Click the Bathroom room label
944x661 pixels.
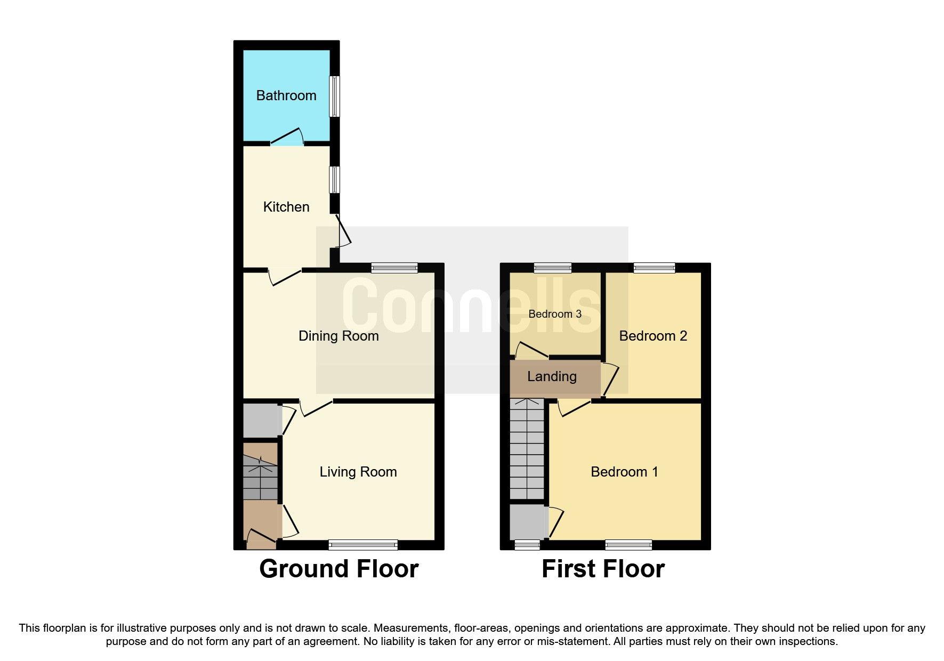286,95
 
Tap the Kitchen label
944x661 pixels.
286,207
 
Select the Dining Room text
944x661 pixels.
338,336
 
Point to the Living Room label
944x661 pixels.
358,472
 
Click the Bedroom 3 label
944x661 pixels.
555,314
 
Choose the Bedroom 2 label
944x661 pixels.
653,336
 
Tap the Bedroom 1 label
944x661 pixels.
624,472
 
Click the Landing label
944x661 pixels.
552,376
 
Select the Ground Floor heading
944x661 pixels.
338,569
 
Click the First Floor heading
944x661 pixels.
603,569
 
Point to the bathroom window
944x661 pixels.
334,96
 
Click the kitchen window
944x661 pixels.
334,180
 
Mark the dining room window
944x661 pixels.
394,268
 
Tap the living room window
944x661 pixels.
363,544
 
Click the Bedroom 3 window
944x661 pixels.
553,268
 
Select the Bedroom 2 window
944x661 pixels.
654,268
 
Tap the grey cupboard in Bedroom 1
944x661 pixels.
528,522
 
